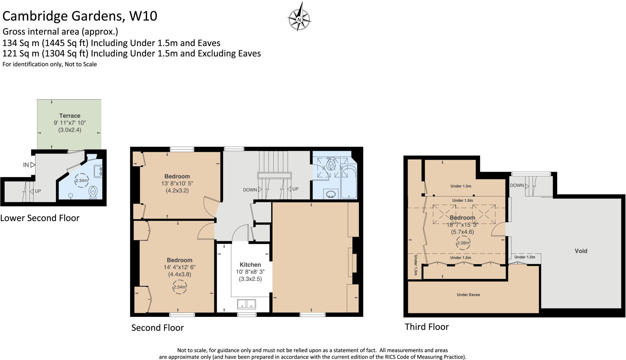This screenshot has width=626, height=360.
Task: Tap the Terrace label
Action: click(x=70, y=116)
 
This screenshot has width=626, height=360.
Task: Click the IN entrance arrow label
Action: click(x=26, y=165)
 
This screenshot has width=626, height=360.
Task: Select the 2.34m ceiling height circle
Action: click(x=82, y=181)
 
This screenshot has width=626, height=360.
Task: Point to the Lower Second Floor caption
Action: click(x=40, y=218)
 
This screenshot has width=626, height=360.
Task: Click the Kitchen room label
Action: click(x=250, y=265)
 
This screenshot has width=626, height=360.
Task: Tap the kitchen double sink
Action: click(x=246, y=304)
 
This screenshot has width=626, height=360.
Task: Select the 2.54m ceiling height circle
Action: click(x=179, y=287)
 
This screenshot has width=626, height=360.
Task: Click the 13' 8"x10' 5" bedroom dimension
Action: click(x=177, y=183)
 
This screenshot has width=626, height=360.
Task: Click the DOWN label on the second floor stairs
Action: click(x=250, y=190)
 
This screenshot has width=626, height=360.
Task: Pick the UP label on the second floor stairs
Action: click(x=295, y=189)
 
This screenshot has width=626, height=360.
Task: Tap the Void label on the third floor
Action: click(x=581, y=251)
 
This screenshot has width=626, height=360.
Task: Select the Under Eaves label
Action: click(x=468, y=295)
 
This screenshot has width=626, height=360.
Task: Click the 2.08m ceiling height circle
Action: click(x=463, y=243)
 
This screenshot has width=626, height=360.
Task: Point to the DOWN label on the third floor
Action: click(x=517, y=186)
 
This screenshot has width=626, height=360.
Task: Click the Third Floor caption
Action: click(x=427, y=327)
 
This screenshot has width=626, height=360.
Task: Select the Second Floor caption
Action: click(x=157, y=328)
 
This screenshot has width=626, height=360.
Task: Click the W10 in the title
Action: click(x=143, y=16)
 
